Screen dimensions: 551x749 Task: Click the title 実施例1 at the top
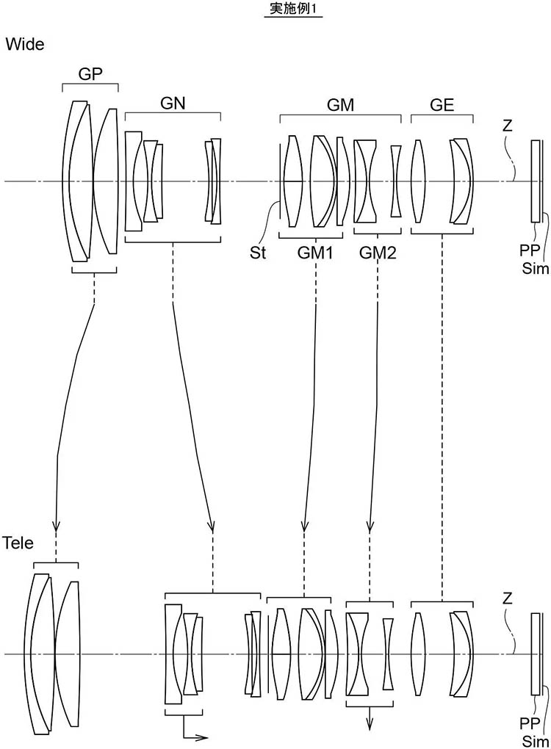coord(293,9)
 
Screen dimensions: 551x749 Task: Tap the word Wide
coord(25,44)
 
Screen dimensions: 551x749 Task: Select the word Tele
coord(18,543)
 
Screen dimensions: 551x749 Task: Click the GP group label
coord(90,73)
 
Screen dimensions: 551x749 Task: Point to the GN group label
coord(173,104)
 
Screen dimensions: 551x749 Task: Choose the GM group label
coord(340,104)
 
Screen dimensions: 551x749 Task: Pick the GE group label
coord(442,104)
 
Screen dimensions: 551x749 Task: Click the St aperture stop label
coord(258,252)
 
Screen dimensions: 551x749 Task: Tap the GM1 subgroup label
coord(315,253)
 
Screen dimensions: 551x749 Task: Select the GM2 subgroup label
coord(378,253)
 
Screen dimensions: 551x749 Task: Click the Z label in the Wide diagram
coord(508,126)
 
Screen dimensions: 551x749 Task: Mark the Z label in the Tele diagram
coord(508,598)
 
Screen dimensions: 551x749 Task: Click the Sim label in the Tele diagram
coord(536,741)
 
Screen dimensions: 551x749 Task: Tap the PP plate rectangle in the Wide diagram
coord(536,181)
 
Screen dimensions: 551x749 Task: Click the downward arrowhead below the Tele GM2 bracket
coord(370,725)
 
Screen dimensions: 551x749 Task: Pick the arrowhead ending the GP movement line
coord(57,526)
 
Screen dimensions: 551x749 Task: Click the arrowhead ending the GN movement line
coord(212,526)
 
